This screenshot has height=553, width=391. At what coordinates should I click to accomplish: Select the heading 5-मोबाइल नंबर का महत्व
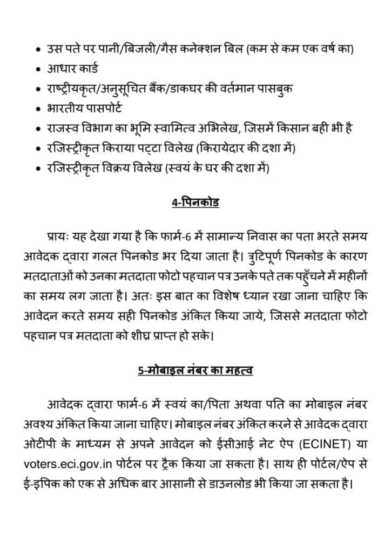(195, 371)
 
